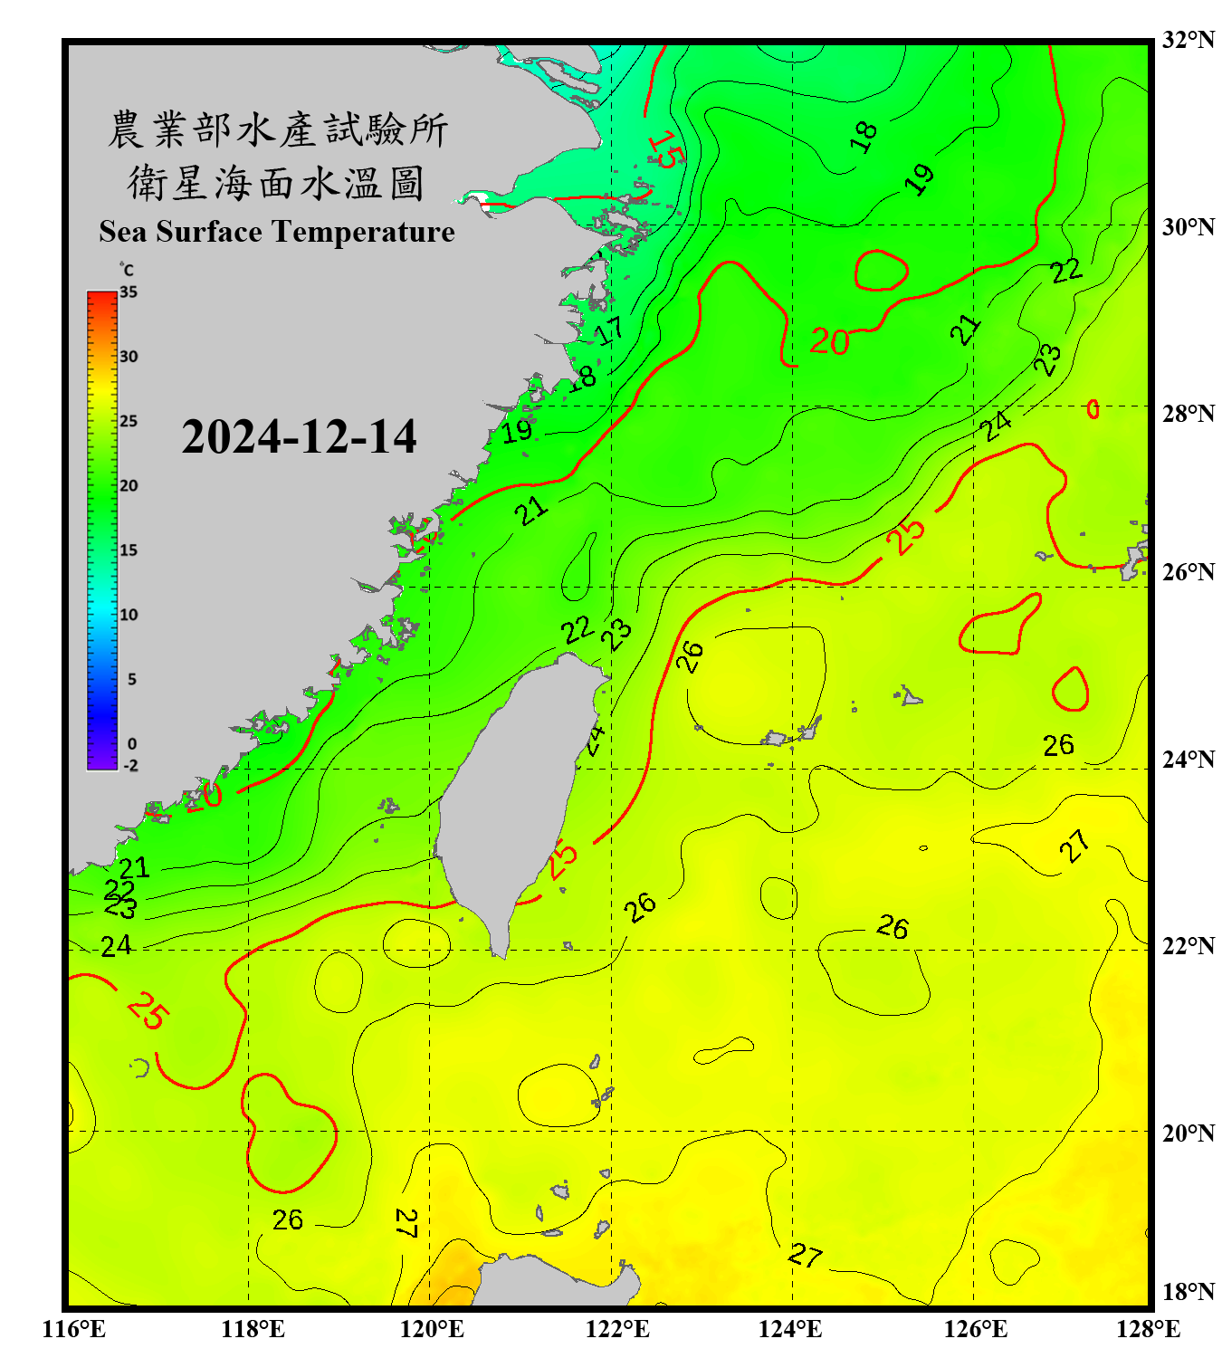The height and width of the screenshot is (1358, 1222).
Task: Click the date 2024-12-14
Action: click(299, 437)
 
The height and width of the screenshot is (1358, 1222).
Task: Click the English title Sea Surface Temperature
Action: click(277, 232)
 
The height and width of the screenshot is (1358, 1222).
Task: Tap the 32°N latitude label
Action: click(1188, 40)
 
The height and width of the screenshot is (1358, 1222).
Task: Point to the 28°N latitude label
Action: click(1188, 414)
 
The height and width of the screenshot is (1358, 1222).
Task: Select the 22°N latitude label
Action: click(1188, 946)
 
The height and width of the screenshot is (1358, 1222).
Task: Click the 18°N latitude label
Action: click(1188, 1292)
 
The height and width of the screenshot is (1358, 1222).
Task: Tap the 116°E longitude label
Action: click(73, 1329)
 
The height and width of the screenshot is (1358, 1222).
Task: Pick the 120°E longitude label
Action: click(432, 1329)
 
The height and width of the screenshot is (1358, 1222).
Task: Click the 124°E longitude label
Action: click(790, 1329)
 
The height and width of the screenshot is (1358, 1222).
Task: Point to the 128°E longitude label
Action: click(1148, 1329)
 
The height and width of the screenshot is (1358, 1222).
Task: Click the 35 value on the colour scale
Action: click(129, 292)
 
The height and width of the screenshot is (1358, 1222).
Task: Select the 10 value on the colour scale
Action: click(129, 615)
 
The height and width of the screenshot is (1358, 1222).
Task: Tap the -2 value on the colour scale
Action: click(130, 765)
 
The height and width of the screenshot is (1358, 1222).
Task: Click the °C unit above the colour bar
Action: click(126, 270)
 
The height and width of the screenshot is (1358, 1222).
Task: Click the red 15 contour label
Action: click(667, 149)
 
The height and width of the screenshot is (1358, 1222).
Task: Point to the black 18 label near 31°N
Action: click(864, 136)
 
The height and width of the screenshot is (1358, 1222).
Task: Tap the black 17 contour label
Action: click(609, 330)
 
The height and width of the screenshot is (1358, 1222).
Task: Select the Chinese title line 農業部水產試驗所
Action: click(277, 129)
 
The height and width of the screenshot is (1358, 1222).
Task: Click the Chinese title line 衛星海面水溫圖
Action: click(277, 183)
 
